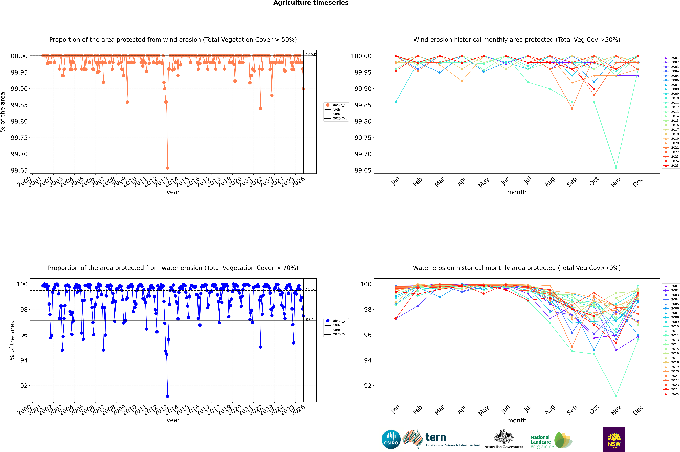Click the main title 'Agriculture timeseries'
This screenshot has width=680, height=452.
[x=311, y=3]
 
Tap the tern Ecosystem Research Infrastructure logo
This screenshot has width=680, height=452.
[x=441, y=439]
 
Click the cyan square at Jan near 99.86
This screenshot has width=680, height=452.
[x=396, y=102]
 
